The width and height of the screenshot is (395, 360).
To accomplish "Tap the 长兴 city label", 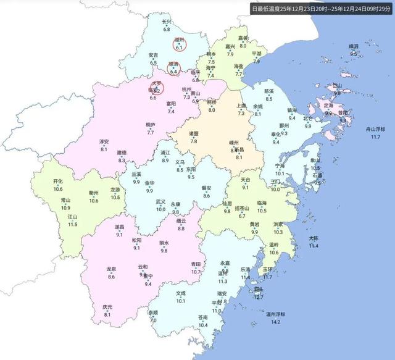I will tap(167, 23).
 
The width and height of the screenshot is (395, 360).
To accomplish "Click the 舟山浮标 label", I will tap(375, 129).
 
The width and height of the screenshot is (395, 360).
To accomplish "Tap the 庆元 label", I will tap(107, 308).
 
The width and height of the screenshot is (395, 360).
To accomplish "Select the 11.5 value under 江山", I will tap(73, 224).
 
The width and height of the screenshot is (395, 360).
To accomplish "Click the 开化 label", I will tap(59, 182).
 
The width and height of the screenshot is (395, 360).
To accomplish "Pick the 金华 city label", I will tap(149, 183).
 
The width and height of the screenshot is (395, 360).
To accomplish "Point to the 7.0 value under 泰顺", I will tap(152, 320).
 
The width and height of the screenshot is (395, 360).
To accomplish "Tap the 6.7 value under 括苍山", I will tap(243, 216).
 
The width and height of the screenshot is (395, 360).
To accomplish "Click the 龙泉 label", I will tap(111, 269).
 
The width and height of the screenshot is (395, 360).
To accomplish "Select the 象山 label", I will tap(315, 161).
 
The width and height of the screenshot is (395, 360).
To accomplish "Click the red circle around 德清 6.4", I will tap(173, 69).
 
